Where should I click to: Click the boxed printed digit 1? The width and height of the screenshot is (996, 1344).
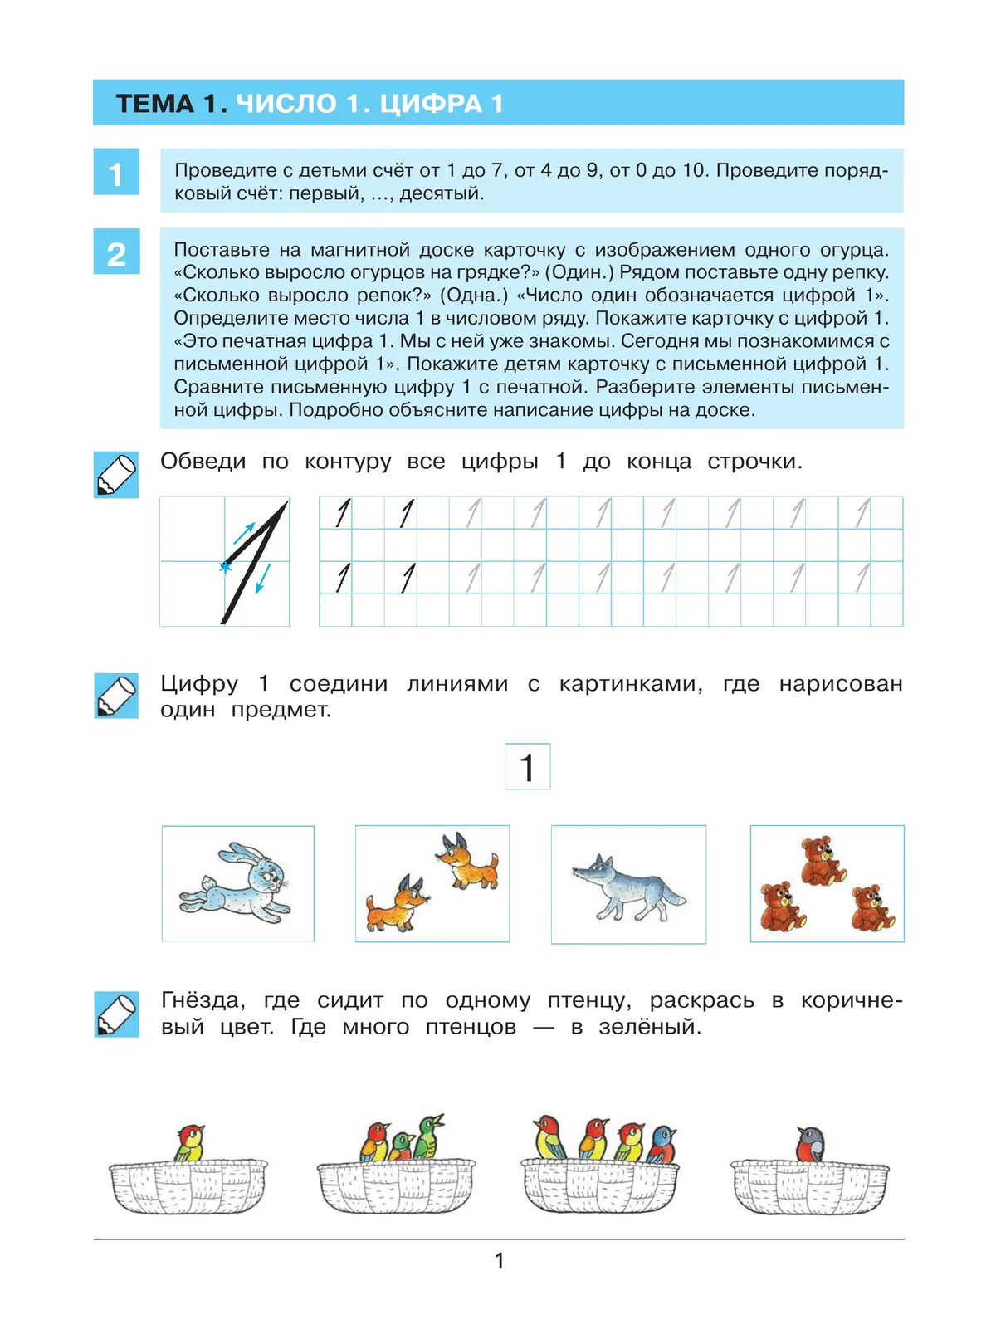click(x=527, y=766)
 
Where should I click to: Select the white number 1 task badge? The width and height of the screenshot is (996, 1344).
click(x=116, y=173)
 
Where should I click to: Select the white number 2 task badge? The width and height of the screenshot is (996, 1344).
click(x=116, y=252)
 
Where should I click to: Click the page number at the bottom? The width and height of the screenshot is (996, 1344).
click(x=499, y=1261)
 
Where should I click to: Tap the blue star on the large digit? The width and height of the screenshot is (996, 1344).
click(x=225, y=567)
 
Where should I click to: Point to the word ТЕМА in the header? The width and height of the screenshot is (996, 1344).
click(x=155, y=104)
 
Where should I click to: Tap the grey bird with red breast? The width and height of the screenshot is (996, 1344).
click(x=812, y=1145)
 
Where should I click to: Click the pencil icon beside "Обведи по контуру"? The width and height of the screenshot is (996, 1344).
click(x=116, y=475)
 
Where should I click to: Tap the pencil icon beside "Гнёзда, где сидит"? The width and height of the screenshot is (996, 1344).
click(x=116, y=1014)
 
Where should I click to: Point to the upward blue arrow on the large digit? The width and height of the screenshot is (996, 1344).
click(x=244, y=532)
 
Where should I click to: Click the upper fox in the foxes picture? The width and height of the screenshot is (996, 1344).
click(x=469, y=862)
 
